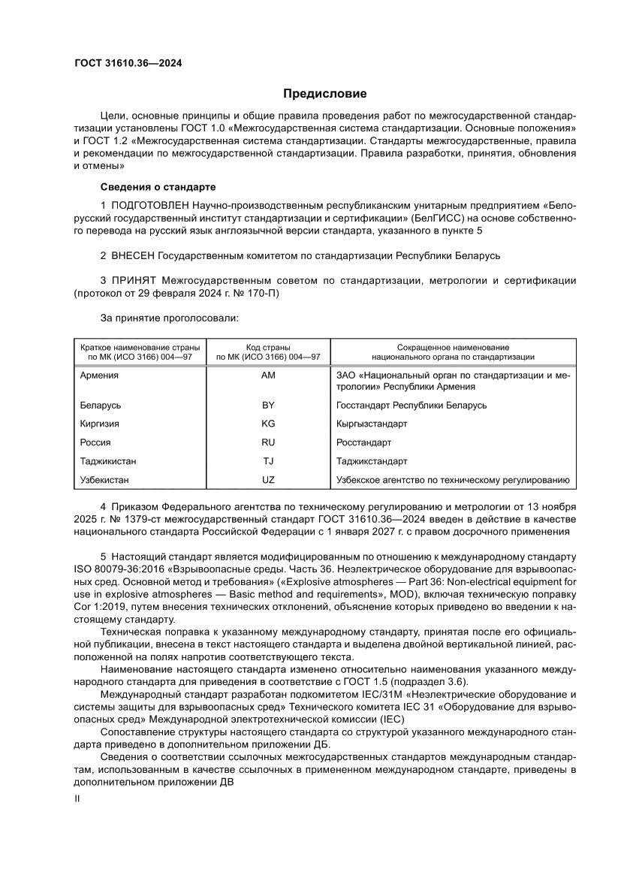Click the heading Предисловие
click(324, 94)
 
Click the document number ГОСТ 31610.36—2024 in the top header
click(128, 63)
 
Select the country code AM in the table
click(268, 375)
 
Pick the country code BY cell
click(268, 405)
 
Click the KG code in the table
click(268, 424)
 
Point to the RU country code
click(268, 442)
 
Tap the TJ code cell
click(268, 461)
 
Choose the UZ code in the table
click(268, 480)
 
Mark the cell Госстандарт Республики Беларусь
click(412, 405)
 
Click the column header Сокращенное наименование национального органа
click(453, 352)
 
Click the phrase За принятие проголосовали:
click(168, 318)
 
